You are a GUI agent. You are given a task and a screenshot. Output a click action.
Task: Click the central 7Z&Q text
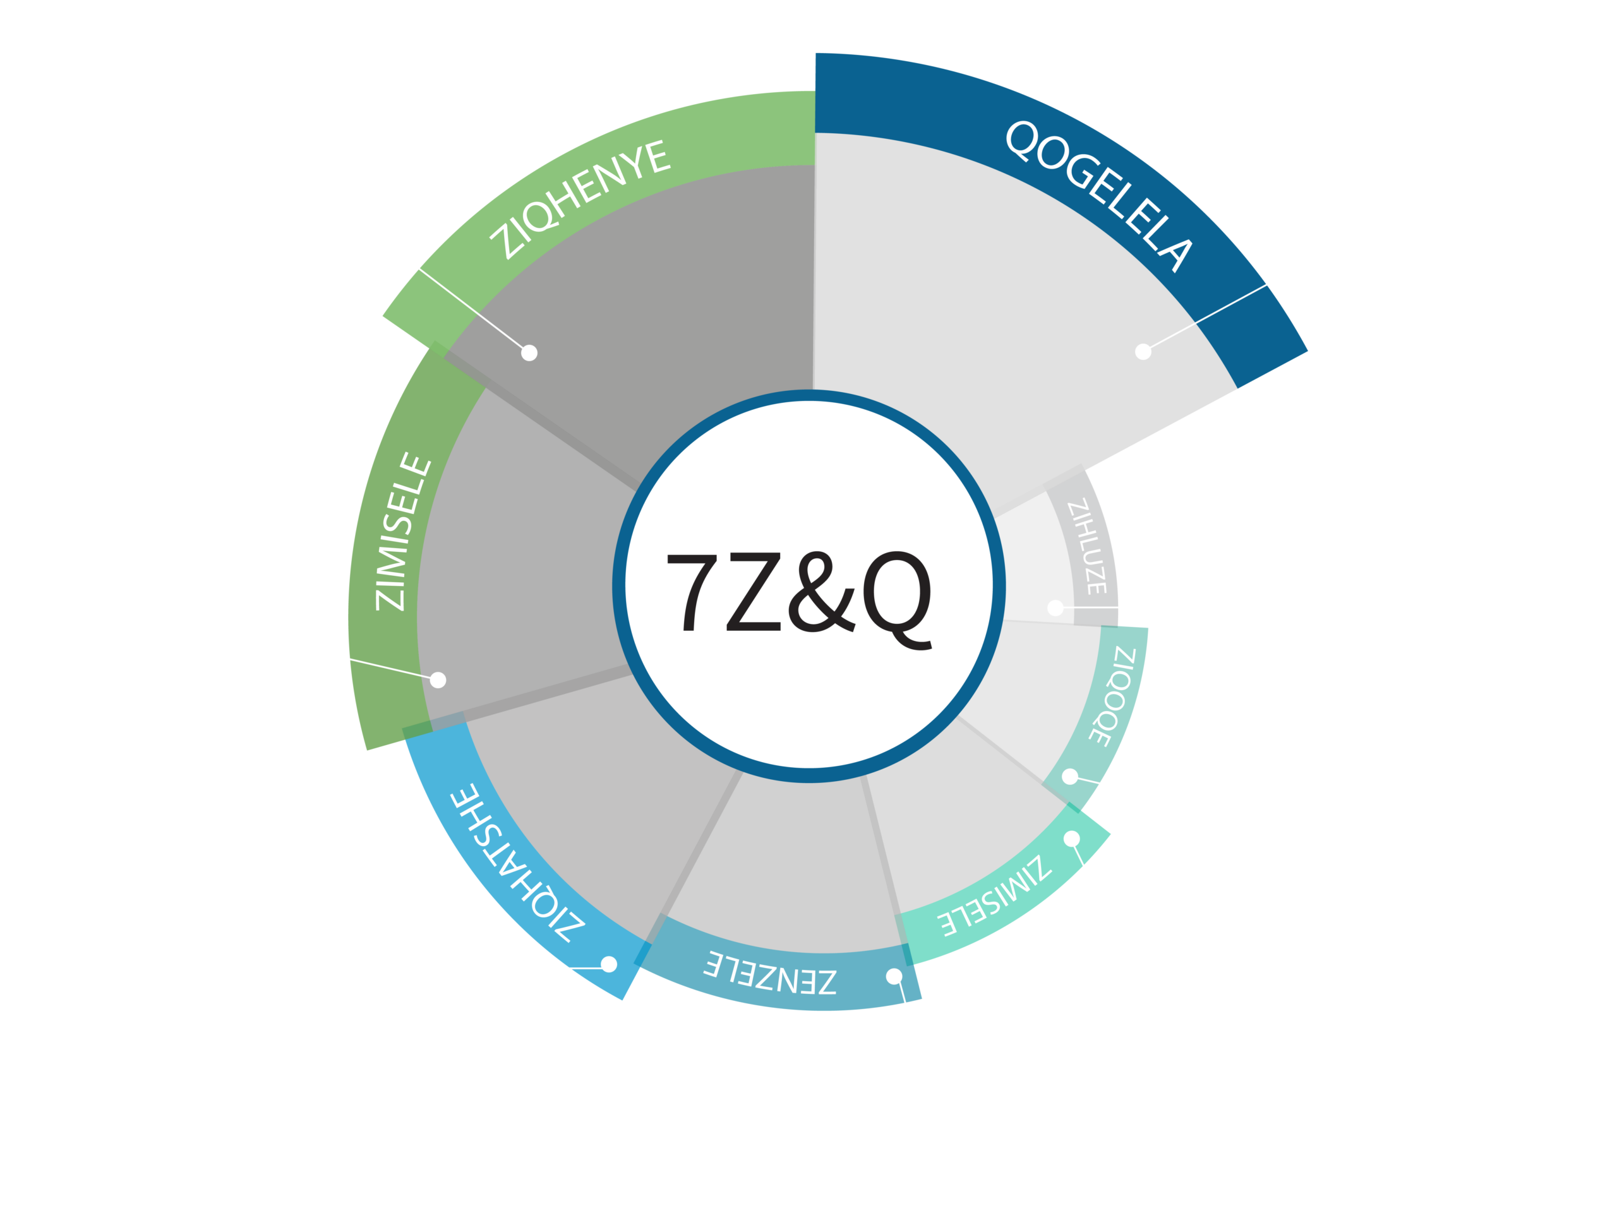coord(798,593)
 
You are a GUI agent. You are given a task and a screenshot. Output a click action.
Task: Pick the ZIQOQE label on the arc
coord(1113,696)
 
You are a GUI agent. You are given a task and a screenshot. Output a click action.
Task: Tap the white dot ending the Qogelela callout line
coord(1143,352)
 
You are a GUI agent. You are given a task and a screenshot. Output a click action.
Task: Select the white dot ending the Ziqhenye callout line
coord(529,353)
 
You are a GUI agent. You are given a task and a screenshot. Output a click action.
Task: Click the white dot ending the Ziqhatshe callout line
coord(608,964)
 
